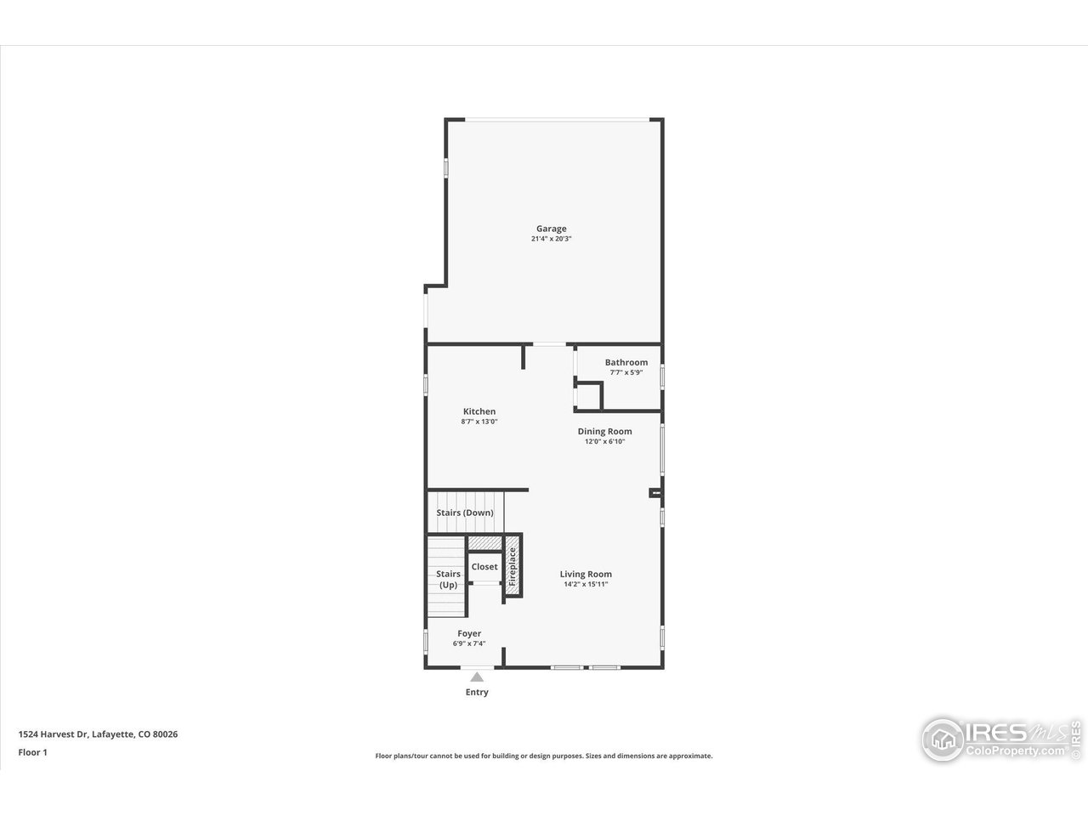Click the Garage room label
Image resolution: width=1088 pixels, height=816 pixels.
point(551,229)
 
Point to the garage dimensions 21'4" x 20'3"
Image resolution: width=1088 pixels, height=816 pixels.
point(551,240)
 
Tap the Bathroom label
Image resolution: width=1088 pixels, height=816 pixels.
point(626,362)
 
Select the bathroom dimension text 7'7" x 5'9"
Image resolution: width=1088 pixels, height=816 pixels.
point(626,373)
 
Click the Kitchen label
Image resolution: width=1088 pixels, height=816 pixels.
point(479,411)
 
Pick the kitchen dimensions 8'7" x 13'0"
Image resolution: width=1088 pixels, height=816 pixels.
point(479,422)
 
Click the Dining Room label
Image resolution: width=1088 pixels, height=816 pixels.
point(605,431)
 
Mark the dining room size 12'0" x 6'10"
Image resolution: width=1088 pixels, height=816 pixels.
point(605,442)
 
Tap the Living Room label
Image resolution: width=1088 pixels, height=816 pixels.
point(586,574)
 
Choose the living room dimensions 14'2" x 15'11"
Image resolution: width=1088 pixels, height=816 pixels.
point(586,585)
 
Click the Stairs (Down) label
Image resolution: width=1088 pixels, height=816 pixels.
point(465,513)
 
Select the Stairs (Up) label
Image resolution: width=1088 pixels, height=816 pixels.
point(448,579)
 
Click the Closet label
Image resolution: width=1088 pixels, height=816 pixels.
point(484,567)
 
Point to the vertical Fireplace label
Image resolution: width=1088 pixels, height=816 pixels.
point(513,568)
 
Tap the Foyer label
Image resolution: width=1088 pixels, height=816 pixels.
point(469,633)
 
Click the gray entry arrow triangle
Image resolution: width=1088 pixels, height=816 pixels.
point(477,677)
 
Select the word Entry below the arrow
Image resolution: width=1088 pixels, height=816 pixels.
point(477,692)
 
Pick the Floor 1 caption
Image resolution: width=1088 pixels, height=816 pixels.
point(32,752)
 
